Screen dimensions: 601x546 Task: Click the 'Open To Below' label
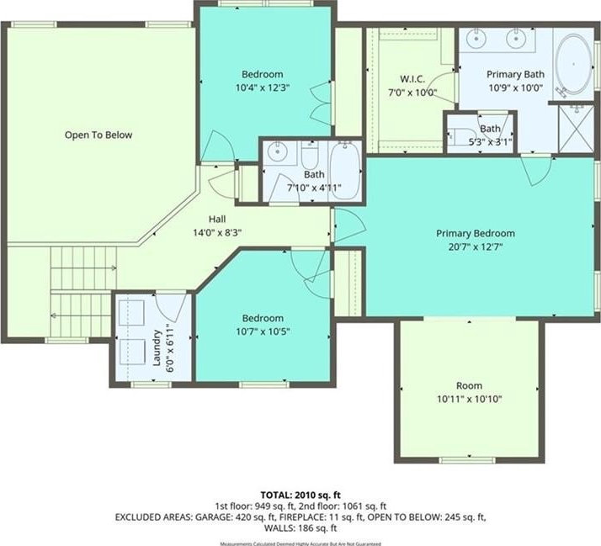tap(98, 135)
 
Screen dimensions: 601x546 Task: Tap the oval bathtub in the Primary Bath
tap(573, 64)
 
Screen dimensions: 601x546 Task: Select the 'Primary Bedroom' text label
tap(476, 233)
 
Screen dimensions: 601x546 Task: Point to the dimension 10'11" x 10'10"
tap(469, 400)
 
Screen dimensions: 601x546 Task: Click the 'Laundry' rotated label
tap(157, 348)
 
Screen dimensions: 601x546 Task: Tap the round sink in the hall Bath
tap(277, 153)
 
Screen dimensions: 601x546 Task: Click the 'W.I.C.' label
tap(412, 79)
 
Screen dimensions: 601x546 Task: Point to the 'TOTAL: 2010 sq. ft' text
tap(300, 495)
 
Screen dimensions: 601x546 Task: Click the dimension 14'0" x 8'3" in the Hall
tap(217, 232)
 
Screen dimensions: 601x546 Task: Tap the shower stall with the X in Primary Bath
tap(576, 129)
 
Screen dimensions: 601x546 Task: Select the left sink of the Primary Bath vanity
tap(476, 39)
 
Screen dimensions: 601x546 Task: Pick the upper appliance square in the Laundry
tap(131, 313)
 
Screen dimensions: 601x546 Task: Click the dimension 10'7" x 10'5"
tap(263, 331)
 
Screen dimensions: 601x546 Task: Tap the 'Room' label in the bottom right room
tap(469, 385)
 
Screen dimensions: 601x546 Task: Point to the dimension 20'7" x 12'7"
tap(476, 246)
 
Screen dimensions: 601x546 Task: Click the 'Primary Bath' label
tap(515, 74)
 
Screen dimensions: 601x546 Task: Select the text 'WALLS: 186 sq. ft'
tap(300, 528)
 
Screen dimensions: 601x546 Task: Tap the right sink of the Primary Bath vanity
tap(516, 39)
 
